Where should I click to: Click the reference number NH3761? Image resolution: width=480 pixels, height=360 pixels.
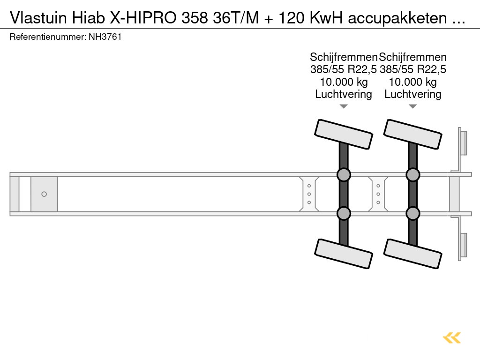point(105,37)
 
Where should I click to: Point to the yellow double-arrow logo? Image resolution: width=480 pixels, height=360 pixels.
point(452,337)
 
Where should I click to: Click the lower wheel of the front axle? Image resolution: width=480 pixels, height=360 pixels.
point(344,254)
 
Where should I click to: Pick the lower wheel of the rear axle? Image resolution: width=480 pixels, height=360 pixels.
point(413,254)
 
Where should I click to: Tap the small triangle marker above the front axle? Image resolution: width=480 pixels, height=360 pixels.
point(344,106)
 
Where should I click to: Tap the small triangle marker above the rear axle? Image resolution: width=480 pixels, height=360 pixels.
point(413,106)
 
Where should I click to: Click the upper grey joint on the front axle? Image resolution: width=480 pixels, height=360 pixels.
point(344,175)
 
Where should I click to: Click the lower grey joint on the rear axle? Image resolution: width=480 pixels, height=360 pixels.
point(413,213)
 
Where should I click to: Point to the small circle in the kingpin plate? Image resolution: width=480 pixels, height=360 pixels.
point(44,194)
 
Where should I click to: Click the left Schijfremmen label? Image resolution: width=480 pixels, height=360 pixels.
point(344,57)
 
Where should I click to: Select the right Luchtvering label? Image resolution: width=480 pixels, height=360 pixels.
point(413,94)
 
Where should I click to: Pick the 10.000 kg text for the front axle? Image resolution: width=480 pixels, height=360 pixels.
point(344,82)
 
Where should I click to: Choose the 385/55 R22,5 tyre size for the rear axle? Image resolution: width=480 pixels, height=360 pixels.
point(413,70)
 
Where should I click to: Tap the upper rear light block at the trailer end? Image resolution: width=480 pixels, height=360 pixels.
point(463,142)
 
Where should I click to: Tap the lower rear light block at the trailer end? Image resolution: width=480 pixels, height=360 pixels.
point(463,245)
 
